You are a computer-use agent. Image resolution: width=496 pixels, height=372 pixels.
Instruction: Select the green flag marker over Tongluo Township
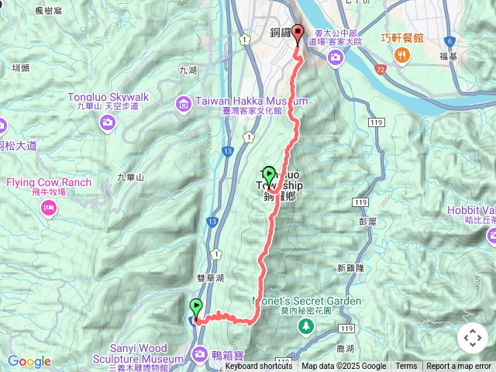pos(269,175)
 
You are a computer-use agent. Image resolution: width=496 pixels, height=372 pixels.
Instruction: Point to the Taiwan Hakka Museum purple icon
pos(183,102)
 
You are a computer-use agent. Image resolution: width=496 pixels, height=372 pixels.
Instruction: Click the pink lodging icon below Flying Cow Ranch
pos(49,207)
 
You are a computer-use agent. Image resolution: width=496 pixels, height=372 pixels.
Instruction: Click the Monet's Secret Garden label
pos(307,301)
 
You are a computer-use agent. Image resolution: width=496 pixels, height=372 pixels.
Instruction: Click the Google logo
pos(29,361)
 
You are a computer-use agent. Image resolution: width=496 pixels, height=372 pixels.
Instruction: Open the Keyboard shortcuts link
pos(258,367)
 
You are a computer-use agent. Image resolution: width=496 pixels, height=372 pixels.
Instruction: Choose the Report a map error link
pos(459,367)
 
